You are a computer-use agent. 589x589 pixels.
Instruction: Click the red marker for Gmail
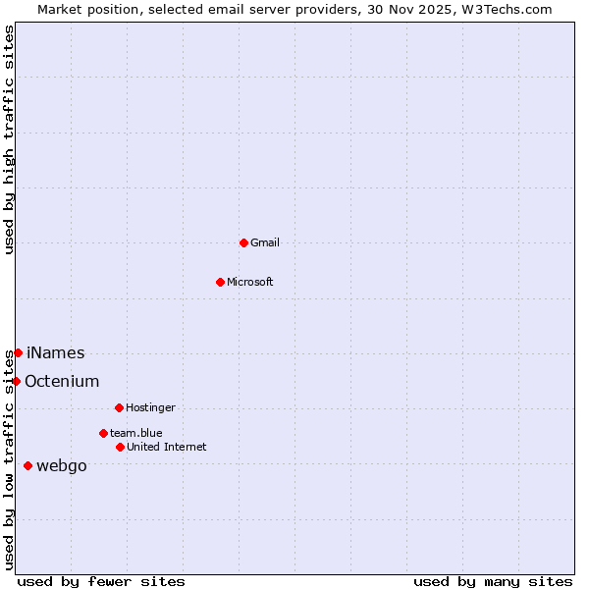coord(243,242)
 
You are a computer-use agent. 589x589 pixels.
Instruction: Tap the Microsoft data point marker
coord(220,282)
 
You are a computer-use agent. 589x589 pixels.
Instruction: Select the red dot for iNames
coord(18,352)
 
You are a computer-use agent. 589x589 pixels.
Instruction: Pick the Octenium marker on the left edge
coord(17,381)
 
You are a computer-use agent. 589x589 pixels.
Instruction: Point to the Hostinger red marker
coord(119,407)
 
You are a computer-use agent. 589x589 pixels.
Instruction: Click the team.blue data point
coord(103,433)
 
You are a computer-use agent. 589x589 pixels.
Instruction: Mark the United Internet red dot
coord(120,447)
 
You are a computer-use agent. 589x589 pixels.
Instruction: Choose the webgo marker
coord(27,465)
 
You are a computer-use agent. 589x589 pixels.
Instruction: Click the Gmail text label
coord(265,242)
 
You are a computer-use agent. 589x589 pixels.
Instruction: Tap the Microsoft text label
coord(250,282)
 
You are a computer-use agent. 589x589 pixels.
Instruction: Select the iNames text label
coord(56,352)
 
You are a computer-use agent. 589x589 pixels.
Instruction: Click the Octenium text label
coord(62,381)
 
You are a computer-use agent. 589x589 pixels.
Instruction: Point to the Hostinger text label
coord(150,407)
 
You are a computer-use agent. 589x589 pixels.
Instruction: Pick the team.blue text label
coord(136,433)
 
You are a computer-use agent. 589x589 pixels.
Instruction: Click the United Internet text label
coord(167,447)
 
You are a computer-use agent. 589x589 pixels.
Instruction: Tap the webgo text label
coord(62,465)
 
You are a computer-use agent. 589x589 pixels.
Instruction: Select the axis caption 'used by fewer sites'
coord(101,581)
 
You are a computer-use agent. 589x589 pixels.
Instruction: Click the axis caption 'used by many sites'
coord(493,581)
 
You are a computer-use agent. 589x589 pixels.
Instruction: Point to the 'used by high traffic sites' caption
coord(10,139)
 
